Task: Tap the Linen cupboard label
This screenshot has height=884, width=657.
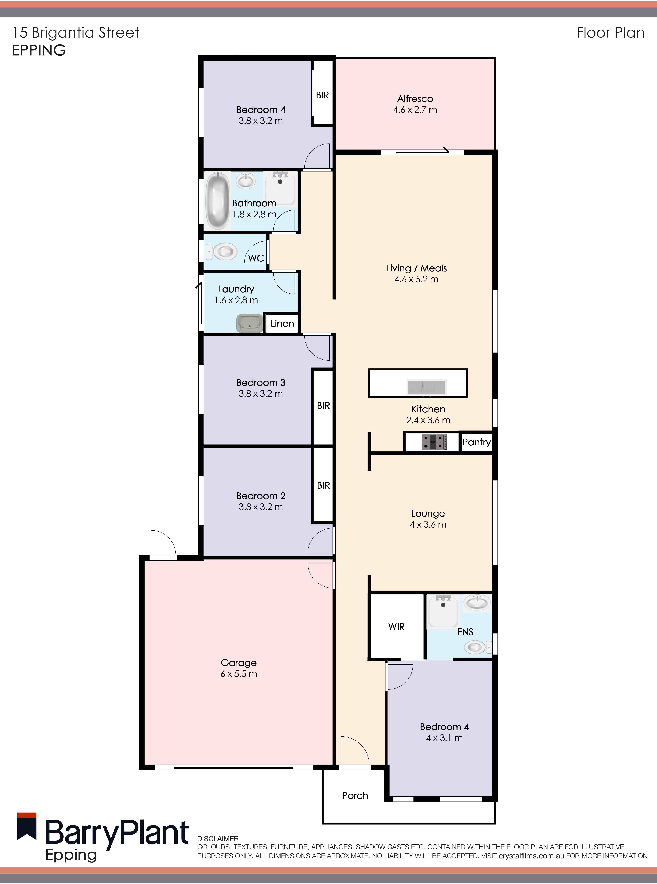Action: [282, 323]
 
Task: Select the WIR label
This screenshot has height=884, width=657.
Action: [396, 627]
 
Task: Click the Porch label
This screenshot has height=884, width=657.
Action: [355, 795]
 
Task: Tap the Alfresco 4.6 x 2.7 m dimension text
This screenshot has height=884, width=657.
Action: [415, 110]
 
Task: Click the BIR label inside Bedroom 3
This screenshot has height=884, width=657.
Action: [323, 406]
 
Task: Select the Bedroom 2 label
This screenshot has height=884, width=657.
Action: [261, 496]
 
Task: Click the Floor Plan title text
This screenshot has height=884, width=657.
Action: [610, 33]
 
